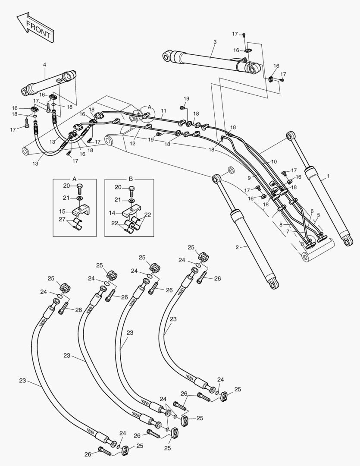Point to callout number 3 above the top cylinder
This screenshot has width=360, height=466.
click(215, 42)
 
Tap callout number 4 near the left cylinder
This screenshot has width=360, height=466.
click(44, 65)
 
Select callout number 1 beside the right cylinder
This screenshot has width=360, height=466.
click(329, 176)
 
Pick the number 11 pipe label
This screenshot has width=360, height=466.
click(163, 111)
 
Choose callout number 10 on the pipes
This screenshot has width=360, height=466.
click(274, 161)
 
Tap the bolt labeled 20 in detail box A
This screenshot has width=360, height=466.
click(80, 189)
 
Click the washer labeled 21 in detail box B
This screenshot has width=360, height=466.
click(131, 201)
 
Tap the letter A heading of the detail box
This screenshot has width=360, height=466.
click(74, 178)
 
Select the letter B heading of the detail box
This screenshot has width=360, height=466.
click(131, 178)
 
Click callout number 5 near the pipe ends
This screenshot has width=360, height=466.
click(319, 215)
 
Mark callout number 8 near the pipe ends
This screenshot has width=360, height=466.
click(280, 224)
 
